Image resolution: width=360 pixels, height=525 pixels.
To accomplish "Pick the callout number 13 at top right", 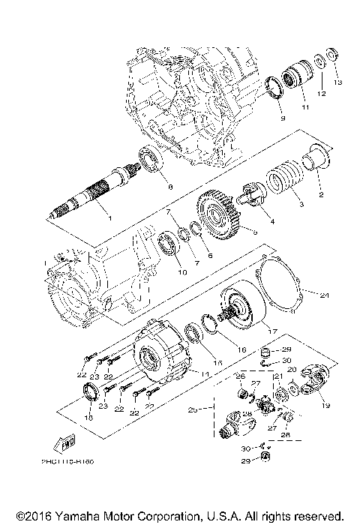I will (x=337, y=81).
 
